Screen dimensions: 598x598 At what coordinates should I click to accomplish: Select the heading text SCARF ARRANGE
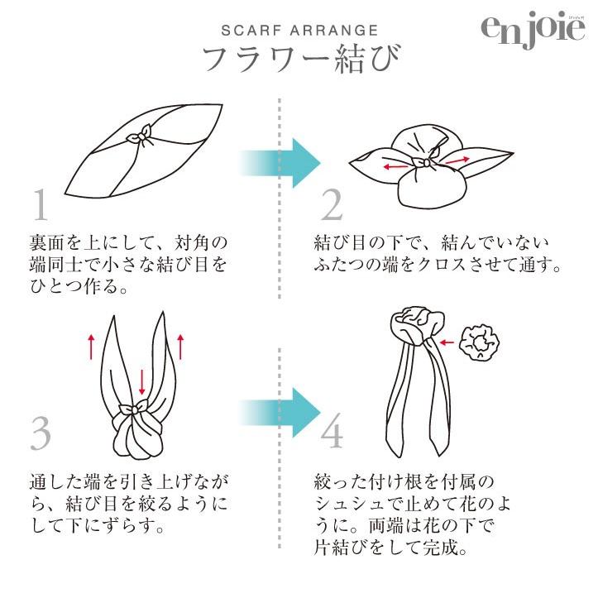click(x=299, y=31)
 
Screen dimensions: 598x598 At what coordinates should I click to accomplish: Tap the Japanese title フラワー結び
click(x=300, y=60)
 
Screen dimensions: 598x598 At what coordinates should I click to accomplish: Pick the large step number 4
click(x=332, y=433)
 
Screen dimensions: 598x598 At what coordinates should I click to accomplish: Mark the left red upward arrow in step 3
click(x=91, y=347)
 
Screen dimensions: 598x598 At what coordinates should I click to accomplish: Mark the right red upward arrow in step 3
click(x=179, y=347)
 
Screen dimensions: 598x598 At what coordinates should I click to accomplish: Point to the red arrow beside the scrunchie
click(x=448, y=341)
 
